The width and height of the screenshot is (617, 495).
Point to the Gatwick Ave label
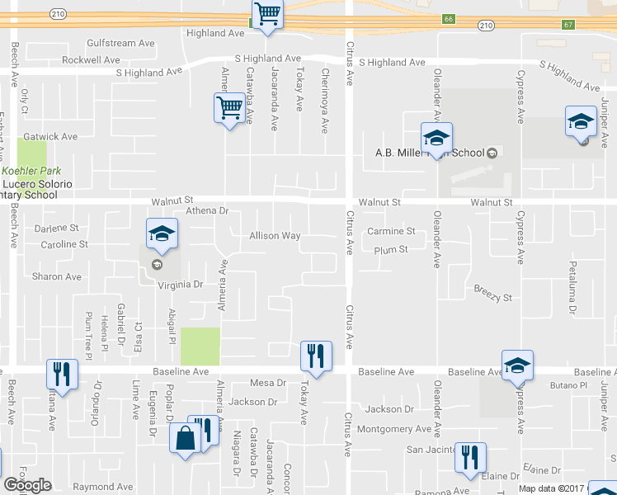[x=50, y=136]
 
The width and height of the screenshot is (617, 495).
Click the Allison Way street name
[x=275, y=236]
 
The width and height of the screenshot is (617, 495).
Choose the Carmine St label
[x=391, y=231]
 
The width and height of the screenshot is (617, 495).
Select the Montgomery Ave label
[x=394, y=429]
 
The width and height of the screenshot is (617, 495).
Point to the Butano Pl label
[x=568, y=385]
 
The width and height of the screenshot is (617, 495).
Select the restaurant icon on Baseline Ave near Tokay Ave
[x=315, y=356]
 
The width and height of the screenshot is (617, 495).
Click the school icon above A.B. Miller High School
[x=436, y=138]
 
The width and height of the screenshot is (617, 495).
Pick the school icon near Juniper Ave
[x=581, y=121]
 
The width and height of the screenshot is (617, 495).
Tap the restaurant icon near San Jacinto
[x=469, y=457]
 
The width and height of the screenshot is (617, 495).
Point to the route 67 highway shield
[x=568, y=25]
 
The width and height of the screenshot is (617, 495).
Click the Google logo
[x=27, y=485]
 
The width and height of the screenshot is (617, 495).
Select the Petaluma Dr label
[x=572, y=289]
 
